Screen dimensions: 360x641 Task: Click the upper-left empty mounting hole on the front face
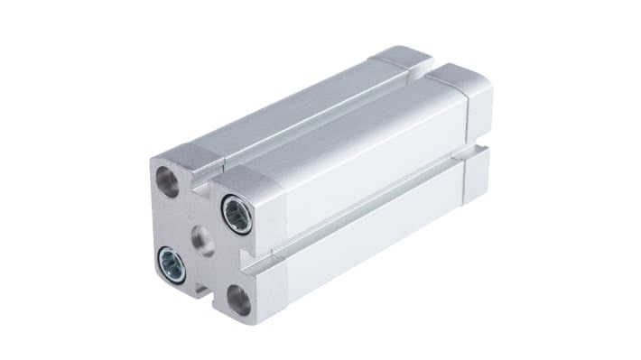point(169,179)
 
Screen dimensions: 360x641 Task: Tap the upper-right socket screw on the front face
point(237,216)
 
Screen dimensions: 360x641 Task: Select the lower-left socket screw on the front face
point(171,263)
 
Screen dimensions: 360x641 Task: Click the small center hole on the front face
point(204,240)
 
